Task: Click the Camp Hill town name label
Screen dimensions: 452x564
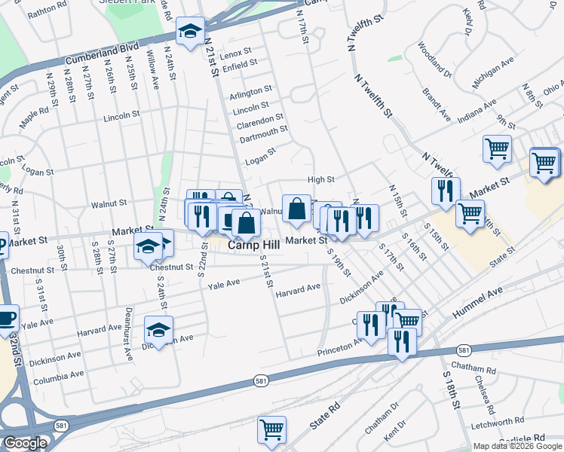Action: (x=253, y=246)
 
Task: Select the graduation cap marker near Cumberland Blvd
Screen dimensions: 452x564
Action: (x=190, y=32)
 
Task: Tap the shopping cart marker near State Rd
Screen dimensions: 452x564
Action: (x=271, y=430)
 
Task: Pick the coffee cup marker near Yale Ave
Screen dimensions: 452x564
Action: (x=7, y=319)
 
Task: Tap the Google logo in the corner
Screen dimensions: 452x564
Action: (x=25, y=443)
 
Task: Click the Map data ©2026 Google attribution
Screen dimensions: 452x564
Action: (x=516, y=446)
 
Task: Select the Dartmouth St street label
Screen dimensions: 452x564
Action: (x=263, y=130)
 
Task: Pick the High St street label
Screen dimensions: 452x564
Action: (x=320, y=179)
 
